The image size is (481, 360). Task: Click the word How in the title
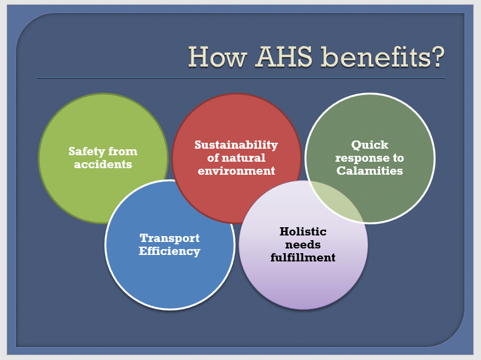coord(218,57)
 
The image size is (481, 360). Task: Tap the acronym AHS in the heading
coord(284,57)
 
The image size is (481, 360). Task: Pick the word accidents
coord(103,165)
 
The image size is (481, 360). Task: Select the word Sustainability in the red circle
coord(236,145)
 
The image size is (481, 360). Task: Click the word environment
coord(236,171)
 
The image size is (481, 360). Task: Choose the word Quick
coord(369,145)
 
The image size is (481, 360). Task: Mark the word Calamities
coord(369,171)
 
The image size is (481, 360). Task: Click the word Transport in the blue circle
coord(169,238)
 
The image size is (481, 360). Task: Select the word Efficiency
coord(169,251)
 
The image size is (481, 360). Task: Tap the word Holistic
coord(303,231)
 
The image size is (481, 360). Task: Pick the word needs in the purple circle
coord(303,245)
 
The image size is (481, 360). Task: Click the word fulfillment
coord(303,257)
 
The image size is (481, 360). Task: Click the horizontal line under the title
coord(241,78)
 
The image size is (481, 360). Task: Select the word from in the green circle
coord(123,151)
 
